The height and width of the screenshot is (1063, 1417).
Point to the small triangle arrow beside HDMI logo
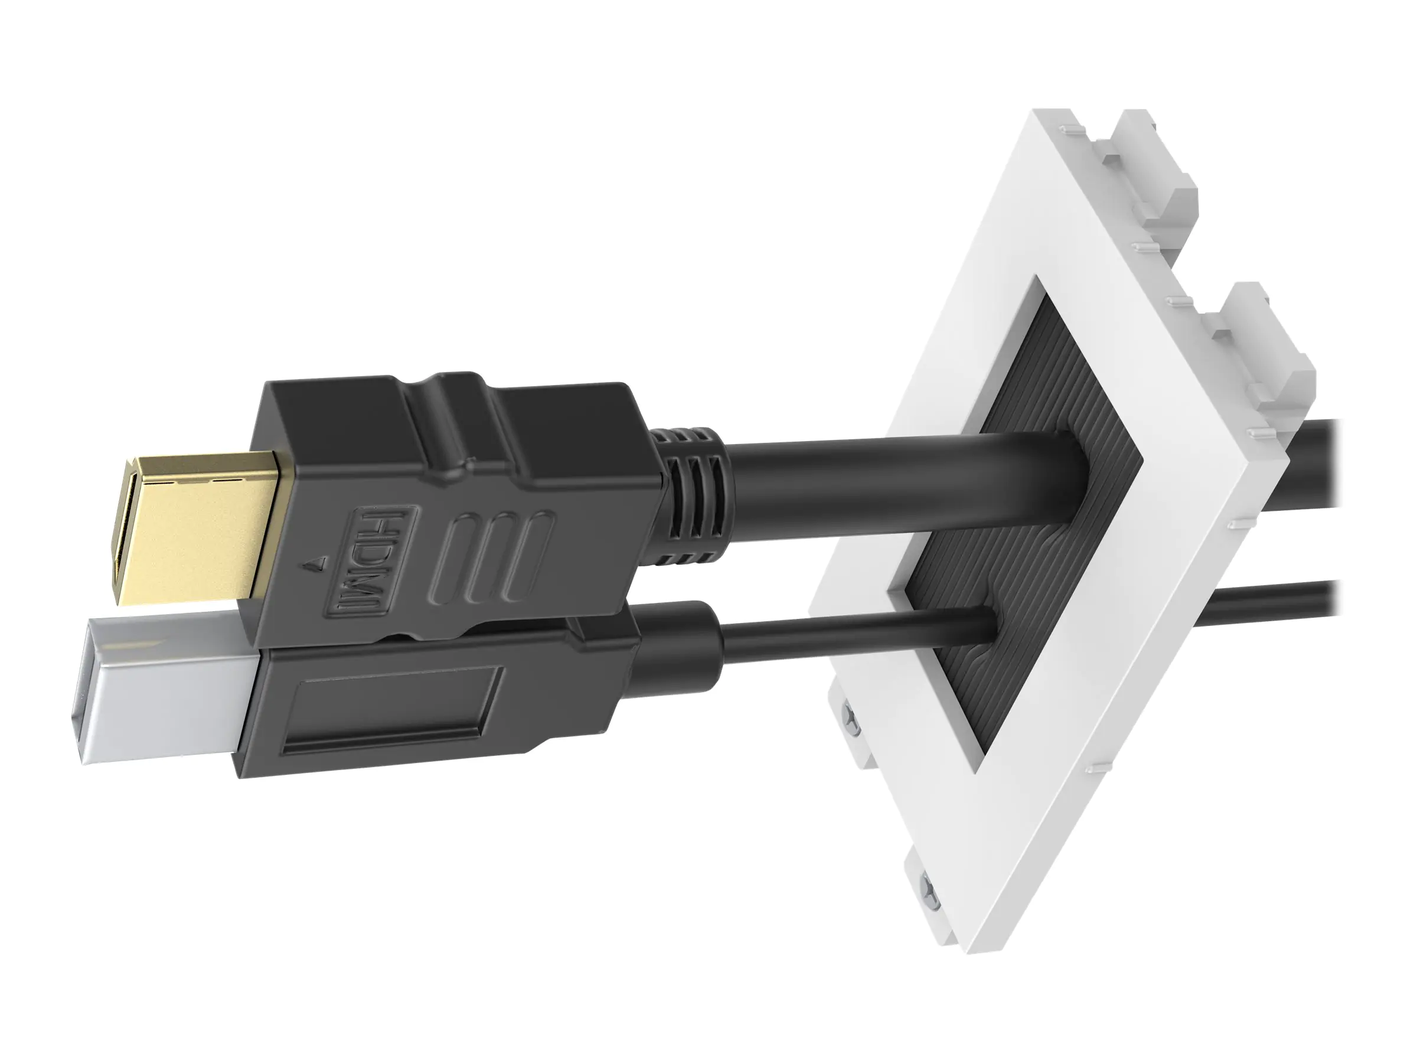tap(314, 564)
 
